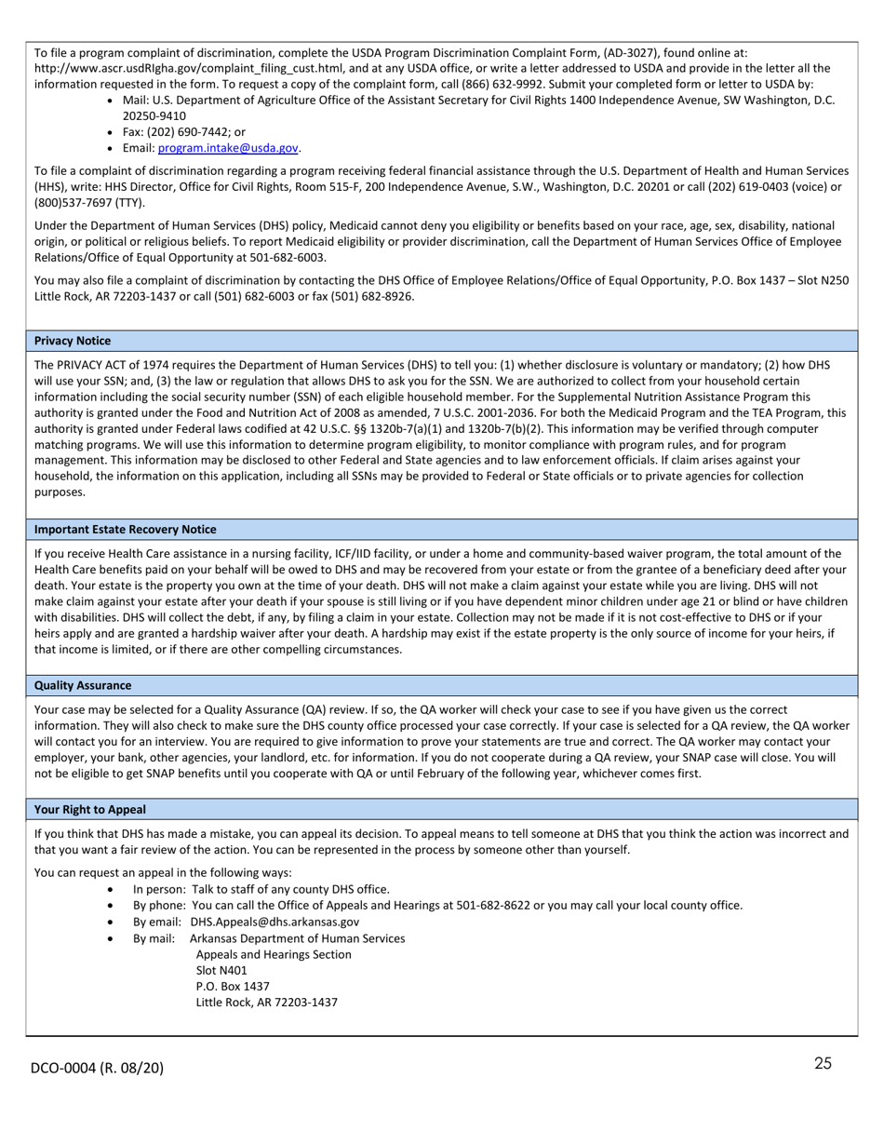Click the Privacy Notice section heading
[73, 341]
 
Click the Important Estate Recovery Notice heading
[125, 529]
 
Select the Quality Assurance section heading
[83, 685]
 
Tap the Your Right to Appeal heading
[90, 809]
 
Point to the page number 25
[823, 1064]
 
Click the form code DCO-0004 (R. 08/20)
[97, 1068]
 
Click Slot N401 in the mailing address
[221, 970]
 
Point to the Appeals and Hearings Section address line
[274, 954]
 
